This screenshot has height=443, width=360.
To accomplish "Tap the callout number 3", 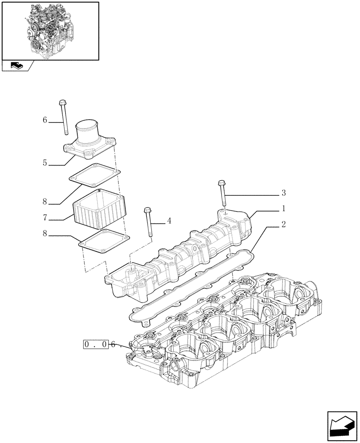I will tap(283, 193).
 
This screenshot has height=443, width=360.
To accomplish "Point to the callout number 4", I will tap(169, 220).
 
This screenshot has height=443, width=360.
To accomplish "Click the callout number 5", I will tap(45, 163).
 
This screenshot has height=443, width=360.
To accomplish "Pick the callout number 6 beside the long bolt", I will tap(45, 120).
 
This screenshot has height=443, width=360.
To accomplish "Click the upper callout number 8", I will tap(45, 201).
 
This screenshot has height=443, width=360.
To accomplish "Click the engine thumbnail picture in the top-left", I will tap(50, 30).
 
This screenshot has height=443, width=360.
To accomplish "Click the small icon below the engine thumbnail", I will tap(16, 66).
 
